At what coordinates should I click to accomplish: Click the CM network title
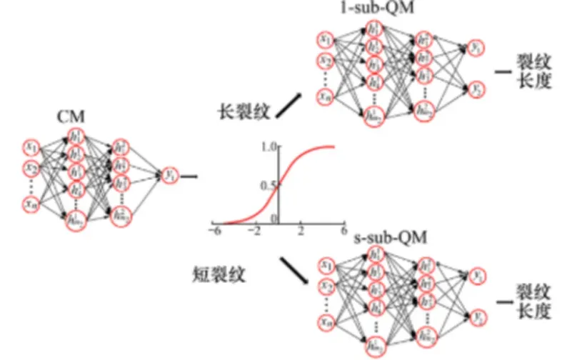[x=73, y=116]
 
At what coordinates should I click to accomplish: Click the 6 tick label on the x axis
[x=343, y=233]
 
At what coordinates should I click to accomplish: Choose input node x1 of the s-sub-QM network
[x=326, y=265]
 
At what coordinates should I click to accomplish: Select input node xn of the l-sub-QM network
[x=326, y=94]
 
